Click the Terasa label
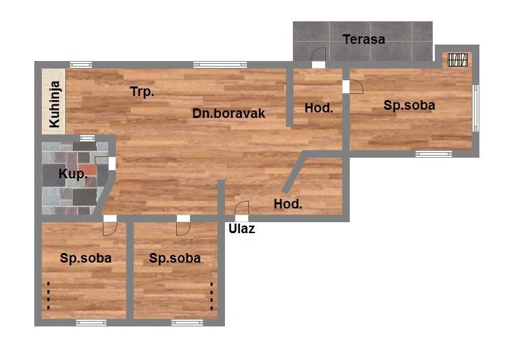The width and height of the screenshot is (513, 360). coord(363,39)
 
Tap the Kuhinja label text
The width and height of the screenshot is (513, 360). coord(55,104)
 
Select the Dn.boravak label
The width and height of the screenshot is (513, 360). coord(228,113)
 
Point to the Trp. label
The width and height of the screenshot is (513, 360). coord(142,92)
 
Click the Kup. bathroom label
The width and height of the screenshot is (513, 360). coord(73,173)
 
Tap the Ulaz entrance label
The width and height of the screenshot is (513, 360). coord(242,228)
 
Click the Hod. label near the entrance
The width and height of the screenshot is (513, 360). coord(288,204)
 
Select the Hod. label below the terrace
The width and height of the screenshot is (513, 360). coord(319,108)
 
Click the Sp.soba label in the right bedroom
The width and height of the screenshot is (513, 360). coord(409,106)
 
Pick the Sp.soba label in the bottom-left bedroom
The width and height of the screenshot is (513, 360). coord(86,259)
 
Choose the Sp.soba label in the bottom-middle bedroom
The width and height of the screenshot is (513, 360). coord(175,259)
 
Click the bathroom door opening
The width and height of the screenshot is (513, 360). coord(112,163)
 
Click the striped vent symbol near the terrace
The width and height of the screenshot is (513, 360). coord(457,60)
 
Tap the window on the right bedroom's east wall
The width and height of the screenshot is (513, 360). coord(476,108)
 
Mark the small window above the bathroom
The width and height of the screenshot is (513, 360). coord(87,138)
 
